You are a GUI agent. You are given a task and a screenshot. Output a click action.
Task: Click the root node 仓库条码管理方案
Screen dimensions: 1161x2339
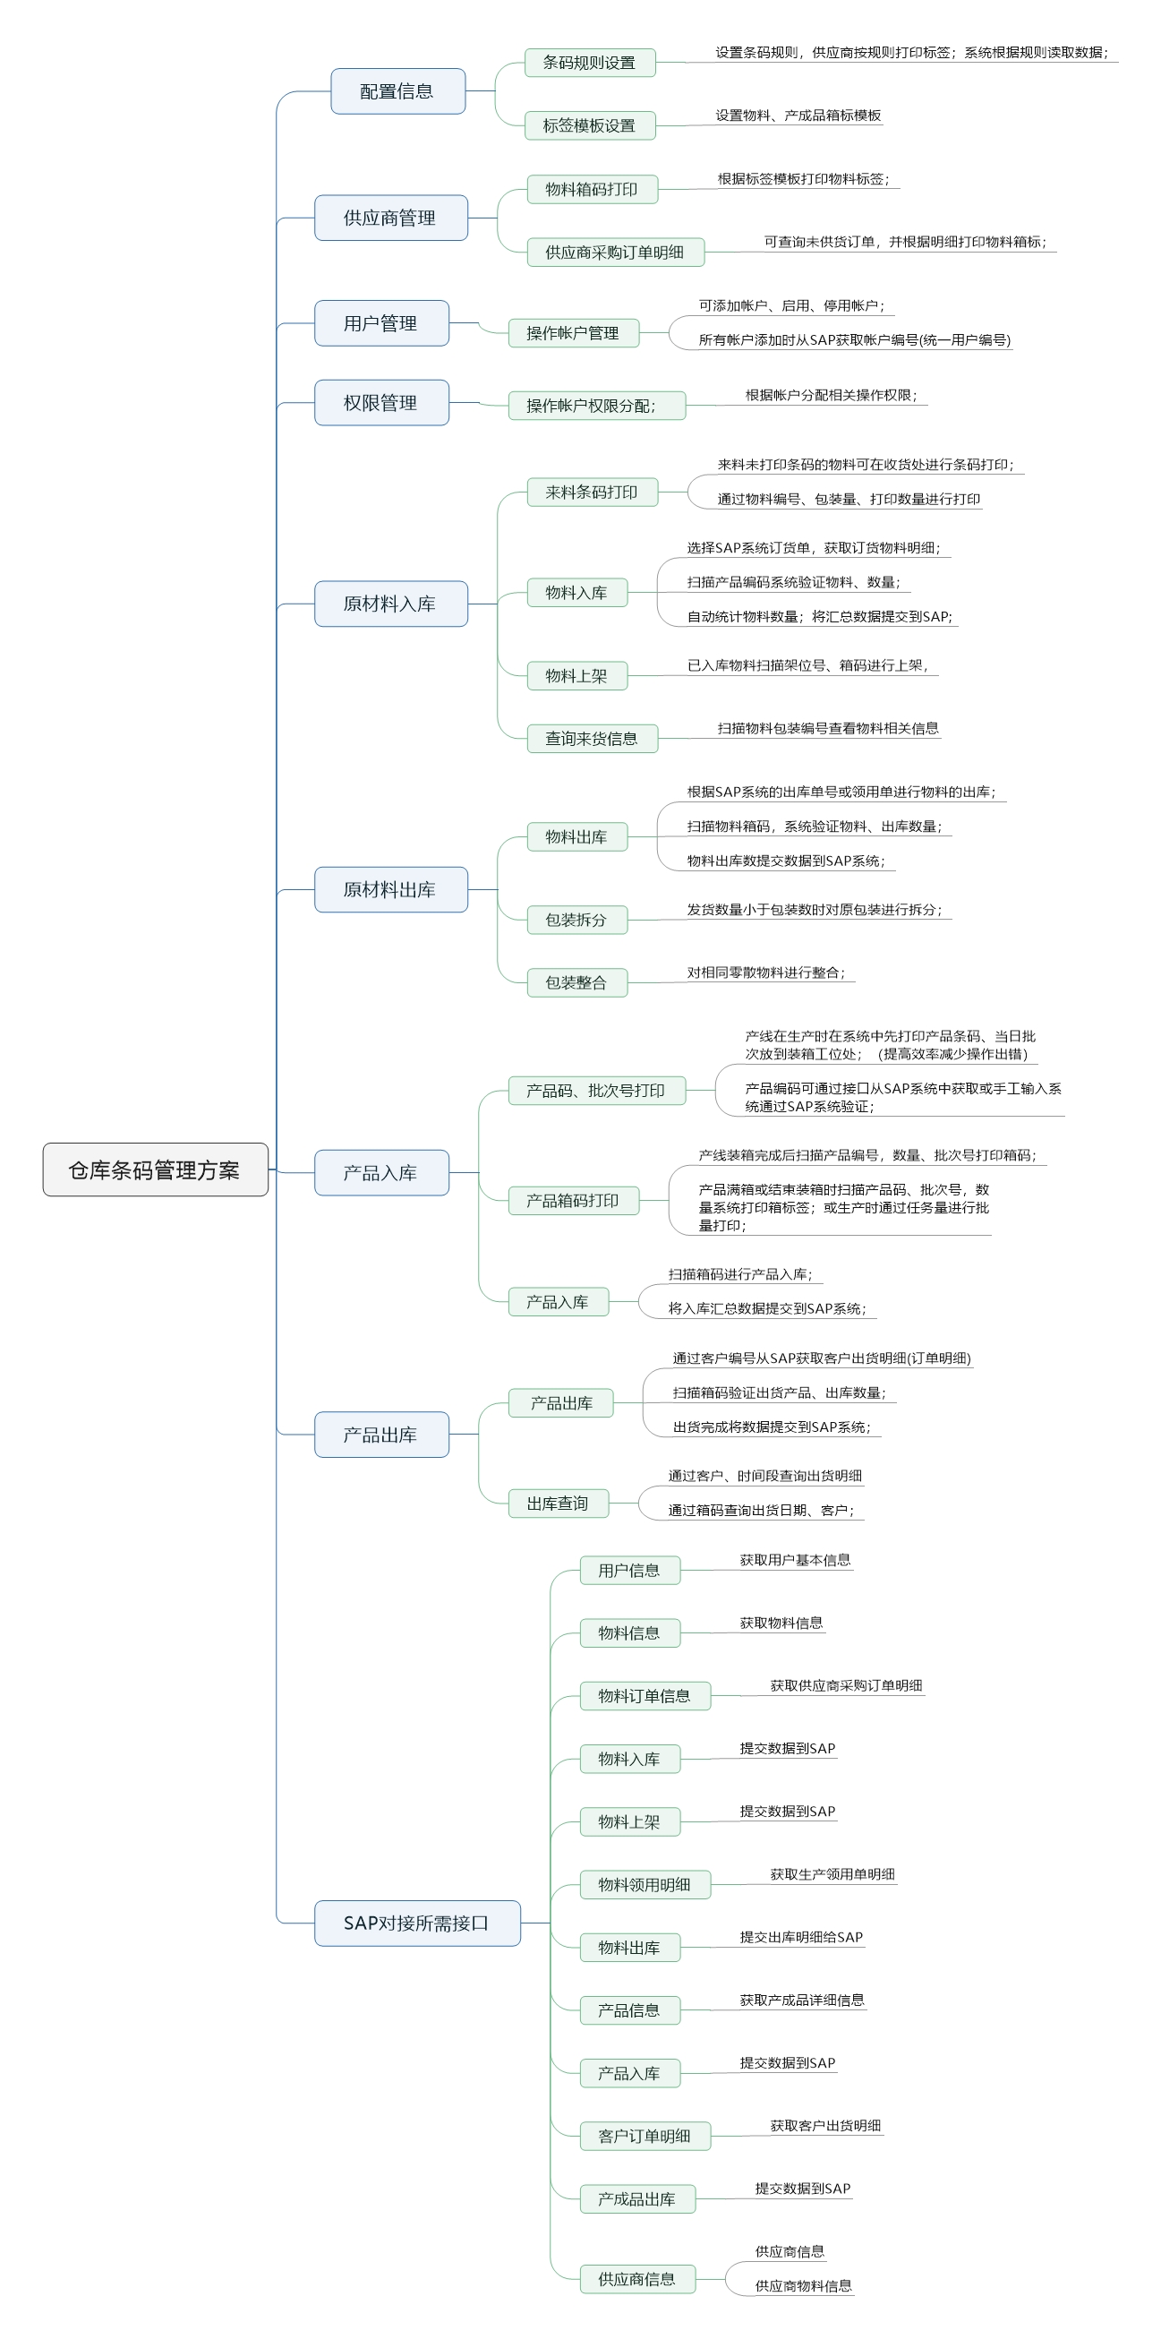click(x=155, y=1169)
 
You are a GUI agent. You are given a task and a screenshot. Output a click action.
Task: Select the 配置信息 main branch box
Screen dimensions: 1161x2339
click(x=397, y=90)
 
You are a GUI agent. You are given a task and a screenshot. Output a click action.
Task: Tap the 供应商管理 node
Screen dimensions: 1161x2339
click(x=390, y=218)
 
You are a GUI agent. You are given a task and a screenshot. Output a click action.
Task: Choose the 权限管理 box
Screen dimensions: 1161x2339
click(x=381, y=402)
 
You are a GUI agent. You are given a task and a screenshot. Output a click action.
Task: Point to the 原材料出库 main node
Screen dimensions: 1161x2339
click(x=390, y=889)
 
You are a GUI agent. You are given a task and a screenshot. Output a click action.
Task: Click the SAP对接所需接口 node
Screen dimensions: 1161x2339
click(x=416, y=1923)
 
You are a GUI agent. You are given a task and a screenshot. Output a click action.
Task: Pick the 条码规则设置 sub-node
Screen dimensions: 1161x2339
click(x=590, y=63)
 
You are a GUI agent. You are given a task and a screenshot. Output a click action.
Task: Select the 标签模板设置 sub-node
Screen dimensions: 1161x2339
click(x=590, y=125)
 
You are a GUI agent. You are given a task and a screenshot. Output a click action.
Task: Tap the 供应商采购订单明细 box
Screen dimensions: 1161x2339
click(x=616, y=253)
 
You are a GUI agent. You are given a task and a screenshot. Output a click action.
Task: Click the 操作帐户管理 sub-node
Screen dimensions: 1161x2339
click(x=574, y=333)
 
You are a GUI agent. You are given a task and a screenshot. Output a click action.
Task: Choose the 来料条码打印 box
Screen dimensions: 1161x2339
click(x=592, y=493)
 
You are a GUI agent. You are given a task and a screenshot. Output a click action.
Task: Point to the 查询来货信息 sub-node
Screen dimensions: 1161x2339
click(x=592, y=738)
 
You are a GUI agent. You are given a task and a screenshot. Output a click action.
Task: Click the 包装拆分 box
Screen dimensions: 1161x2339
click(x=576, y=920)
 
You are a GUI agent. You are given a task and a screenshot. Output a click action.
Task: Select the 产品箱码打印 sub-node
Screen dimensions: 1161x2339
click(x=574, y=1200)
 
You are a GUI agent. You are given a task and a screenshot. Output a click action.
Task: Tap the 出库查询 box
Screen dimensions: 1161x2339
click(x=559, y=1504)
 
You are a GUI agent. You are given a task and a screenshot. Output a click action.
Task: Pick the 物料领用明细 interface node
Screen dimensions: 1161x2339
click(x=645, y=1885)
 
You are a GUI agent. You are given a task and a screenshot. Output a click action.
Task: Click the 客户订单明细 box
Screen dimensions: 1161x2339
click(x=645, y=2137)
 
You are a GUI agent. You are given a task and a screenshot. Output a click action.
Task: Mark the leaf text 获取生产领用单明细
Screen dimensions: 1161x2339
click(x=832, y=1874)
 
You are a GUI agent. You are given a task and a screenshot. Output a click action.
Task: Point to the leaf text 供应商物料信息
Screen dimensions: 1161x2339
click(x=803, y=2286)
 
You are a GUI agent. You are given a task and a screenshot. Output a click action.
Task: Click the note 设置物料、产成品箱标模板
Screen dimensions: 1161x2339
click(x=798, y=116)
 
